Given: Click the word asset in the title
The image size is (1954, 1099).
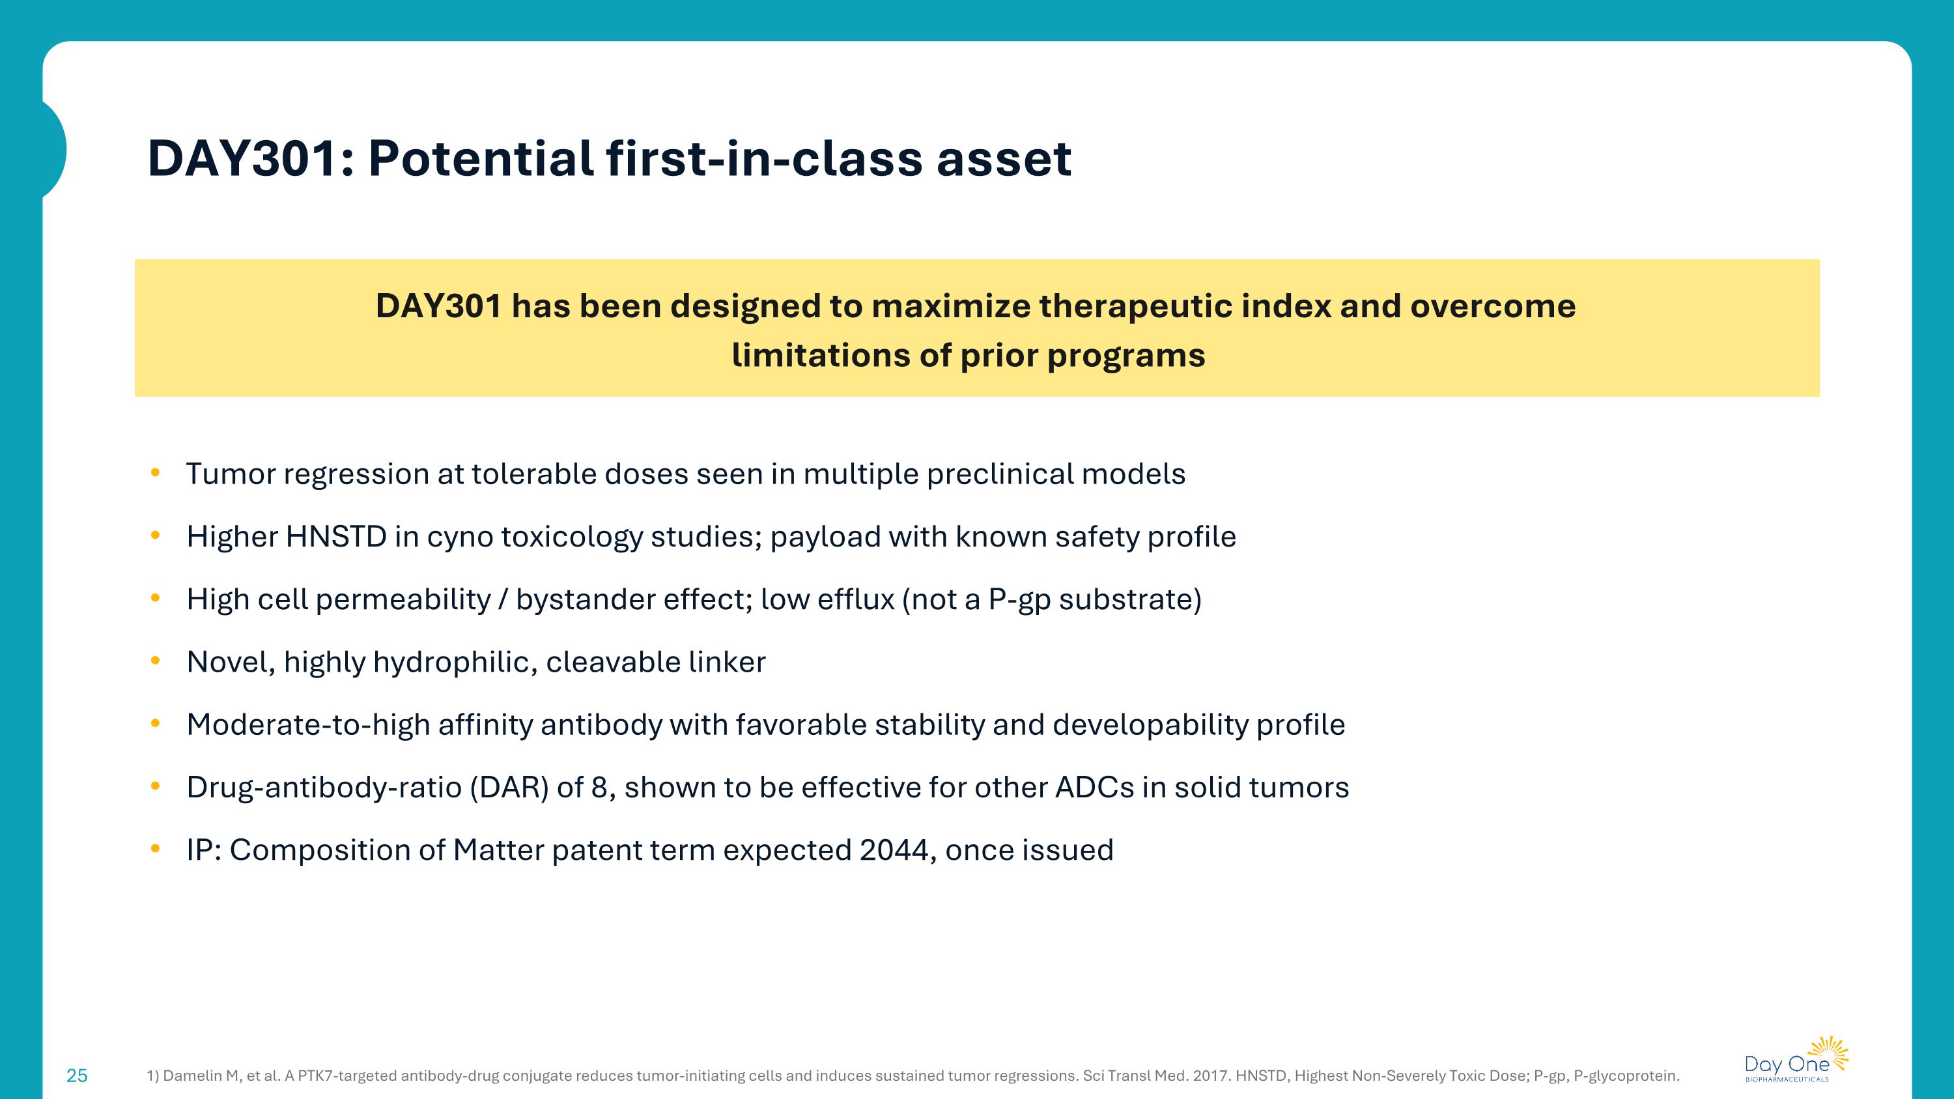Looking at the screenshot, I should click(1003, 158).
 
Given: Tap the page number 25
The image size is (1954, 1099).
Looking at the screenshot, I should click(78, 1076).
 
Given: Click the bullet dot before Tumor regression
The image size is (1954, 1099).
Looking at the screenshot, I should click(156, 473).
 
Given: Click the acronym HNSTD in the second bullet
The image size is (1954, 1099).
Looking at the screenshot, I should click(335, 536).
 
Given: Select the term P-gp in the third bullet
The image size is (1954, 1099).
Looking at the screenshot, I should click(1019, 599).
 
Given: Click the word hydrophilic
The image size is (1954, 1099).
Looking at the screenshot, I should click(455, 662).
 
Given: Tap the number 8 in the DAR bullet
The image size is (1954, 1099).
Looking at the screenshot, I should click(599, 787).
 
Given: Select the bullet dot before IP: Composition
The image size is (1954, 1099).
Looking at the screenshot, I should click(156, 849).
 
